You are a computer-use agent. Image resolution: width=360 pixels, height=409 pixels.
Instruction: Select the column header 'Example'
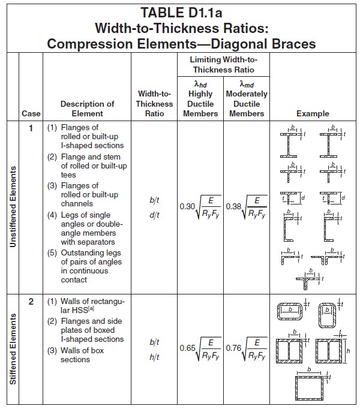(x=313, y=113)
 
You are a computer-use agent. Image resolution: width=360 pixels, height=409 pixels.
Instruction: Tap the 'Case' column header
(x=31, y=113)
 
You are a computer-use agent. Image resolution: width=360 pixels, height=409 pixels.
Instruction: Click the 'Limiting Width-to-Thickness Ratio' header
(x=223, y=65)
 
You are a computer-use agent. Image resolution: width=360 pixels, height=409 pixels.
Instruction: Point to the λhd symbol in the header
(x=200, y=85)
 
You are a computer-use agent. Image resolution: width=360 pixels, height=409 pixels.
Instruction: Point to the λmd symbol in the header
(x=247, y=85)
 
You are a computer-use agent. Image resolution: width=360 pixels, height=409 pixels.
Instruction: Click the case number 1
(x=31, y=128)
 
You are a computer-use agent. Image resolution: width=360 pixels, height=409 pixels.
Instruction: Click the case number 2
(x=31, y=302)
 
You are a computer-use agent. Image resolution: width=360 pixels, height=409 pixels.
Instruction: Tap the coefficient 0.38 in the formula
(x=233, y=206)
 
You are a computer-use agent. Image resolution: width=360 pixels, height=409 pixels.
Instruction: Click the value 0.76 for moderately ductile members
(x=233, y=348)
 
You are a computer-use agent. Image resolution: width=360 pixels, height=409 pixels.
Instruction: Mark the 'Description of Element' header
(x=87, y=109)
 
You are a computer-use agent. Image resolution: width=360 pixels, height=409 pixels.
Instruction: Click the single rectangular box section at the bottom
(x=312, y=386)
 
